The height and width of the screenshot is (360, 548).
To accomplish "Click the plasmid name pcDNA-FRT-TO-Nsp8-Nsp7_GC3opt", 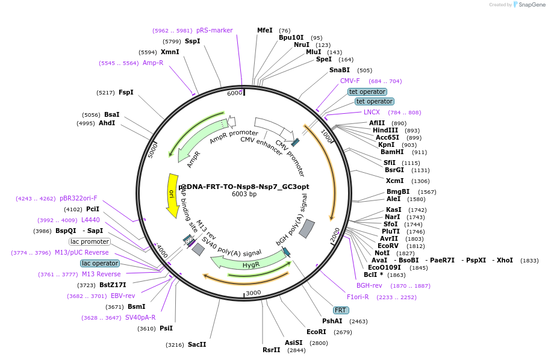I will tap(243, 187).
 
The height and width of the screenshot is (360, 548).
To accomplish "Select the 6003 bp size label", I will tap(244, 194).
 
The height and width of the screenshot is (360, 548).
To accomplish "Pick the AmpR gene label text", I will tap(193, 160).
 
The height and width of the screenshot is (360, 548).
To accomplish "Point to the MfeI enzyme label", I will tap(265, 30).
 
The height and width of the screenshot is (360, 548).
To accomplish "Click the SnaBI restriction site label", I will tap(340, 70).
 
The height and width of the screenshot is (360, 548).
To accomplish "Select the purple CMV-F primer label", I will tap(350, 81).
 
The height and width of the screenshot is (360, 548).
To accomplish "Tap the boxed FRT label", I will tap(341, 310).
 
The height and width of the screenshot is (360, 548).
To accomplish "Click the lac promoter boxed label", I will tap(90, 241).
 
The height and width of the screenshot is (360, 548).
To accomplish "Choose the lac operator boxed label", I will tap(100, 263).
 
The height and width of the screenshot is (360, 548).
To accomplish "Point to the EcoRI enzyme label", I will tap(316, 332).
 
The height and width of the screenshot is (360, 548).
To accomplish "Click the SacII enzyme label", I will tap(197, 344).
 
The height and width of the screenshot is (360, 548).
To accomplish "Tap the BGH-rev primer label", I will tap(369, 285).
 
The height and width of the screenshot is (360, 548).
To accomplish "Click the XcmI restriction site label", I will tap(395, 181).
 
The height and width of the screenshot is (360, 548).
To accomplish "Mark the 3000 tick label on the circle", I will tap(253, 293).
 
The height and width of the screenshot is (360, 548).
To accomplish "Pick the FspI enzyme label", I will tap(126, 92).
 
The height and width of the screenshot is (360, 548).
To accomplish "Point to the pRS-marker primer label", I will tap(214, 30).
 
